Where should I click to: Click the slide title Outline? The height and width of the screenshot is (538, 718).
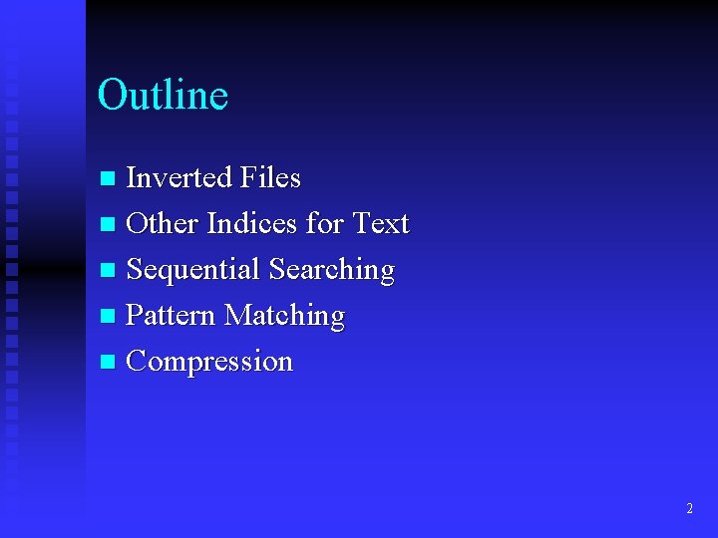(163, 96)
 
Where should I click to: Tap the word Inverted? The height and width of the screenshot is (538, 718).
(179, 178)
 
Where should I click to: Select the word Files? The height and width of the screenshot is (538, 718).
(269, 178)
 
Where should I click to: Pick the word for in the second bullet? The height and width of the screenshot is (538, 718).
(324, 224)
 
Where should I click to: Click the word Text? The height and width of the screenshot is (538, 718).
(381, 224)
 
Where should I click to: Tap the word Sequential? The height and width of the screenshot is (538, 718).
(193, 270)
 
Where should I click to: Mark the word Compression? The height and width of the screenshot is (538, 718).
(209, 362)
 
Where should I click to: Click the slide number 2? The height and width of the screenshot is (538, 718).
(689, 508)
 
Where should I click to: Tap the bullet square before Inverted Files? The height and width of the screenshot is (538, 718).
(109, 179)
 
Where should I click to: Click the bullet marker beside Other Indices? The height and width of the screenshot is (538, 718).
(109, 225)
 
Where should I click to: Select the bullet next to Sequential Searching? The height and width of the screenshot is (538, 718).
(109, 271)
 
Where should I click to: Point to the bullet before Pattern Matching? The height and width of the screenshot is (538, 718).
(109, 317)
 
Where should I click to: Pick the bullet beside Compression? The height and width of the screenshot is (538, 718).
(109, 363)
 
